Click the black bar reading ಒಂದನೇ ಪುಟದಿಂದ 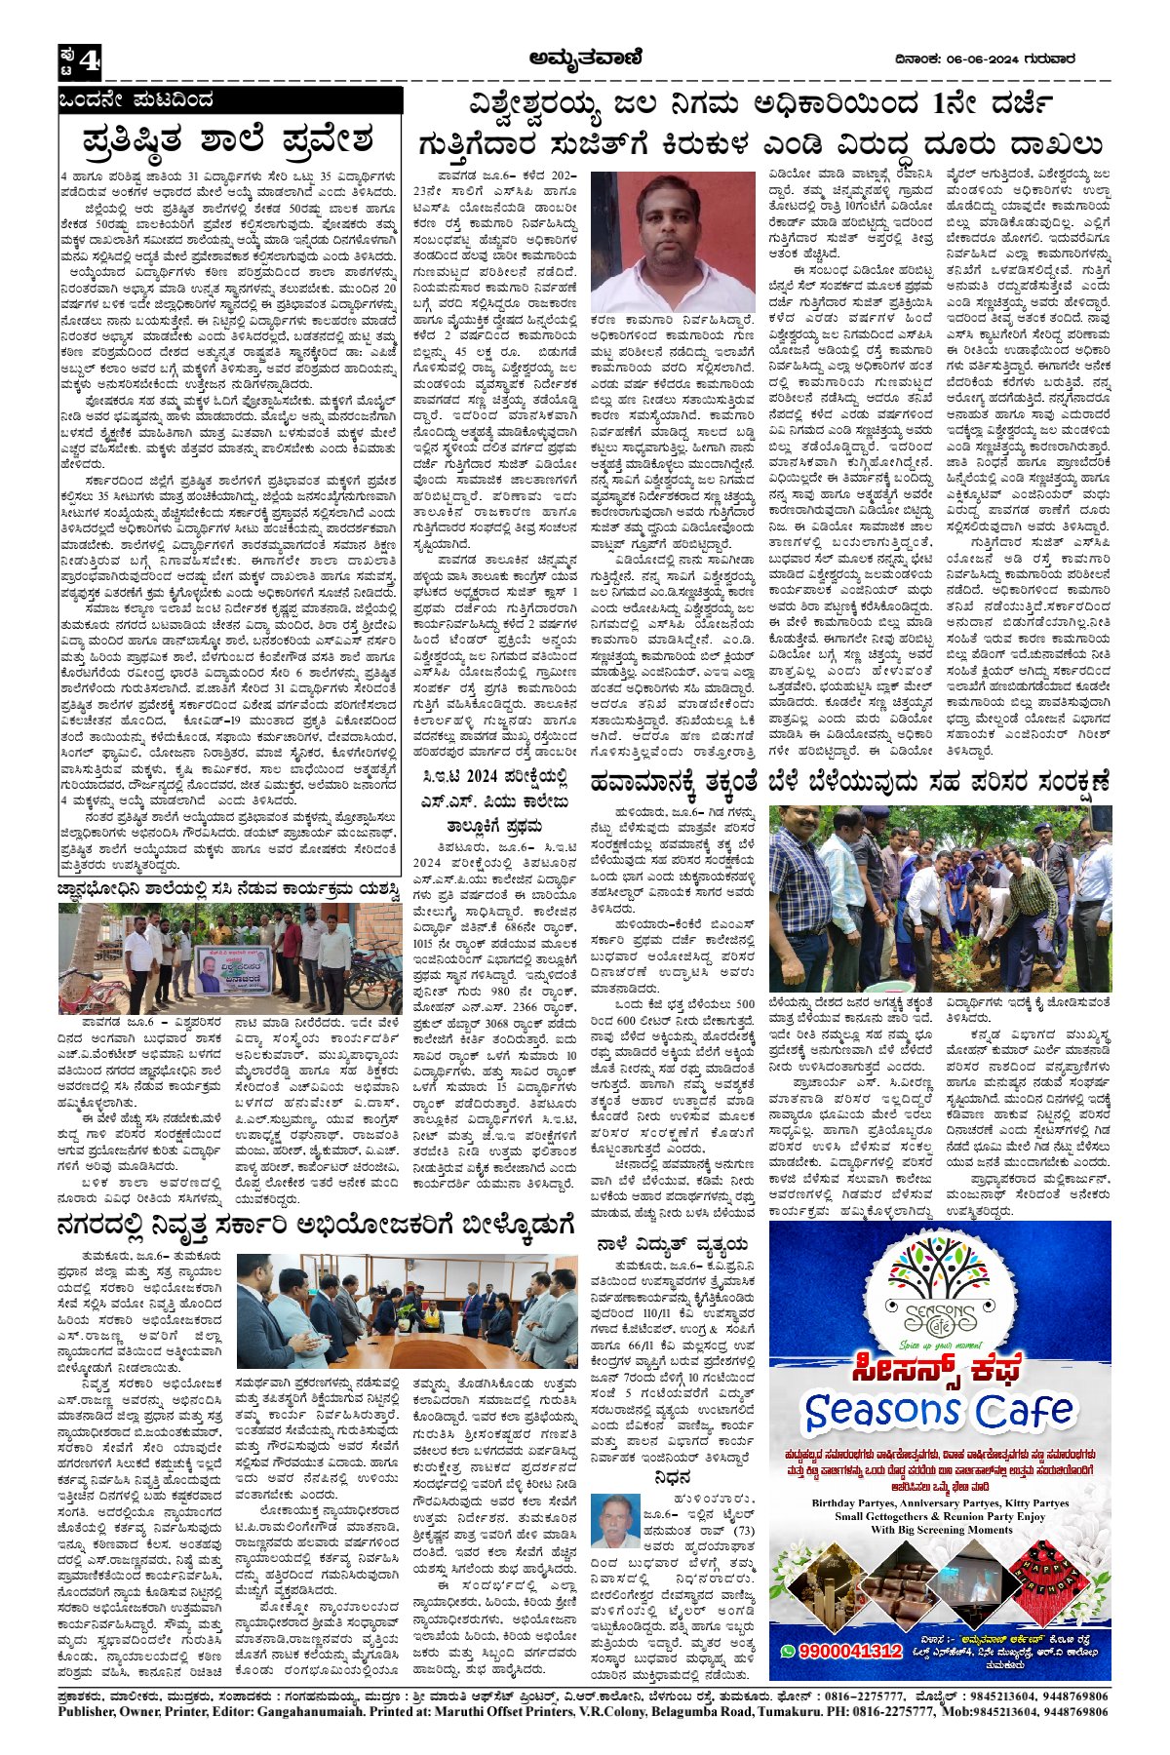pyautogui.click(x=229, y=99)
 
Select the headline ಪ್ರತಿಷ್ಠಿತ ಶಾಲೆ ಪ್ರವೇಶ pyautogui.click(x=229, y=139)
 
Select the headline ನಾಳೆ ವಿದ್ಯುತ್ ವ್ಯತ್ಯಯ pyautogui.click(x=672, y=1244)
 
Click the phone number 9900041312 pyautogui.click(x=849, y=1650)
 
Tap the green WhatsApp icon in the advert pyautogui.click(x=787, y=1650)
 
